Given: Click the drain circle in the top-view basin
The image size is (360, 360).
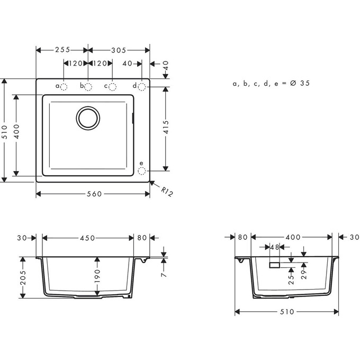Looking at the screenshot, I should pyautogui.click(x=88, y=118).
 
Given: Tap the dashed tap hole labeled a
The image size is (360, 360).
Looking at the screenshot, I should pyautogui.click(x=64, y=86).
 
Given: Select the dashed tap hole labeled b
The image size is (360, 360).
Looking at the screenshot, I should pyautogui.click(x=88, y=86).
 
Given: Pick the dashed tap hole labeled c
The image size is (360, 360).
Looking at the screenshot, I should pyautogui.click(x=112, y=86).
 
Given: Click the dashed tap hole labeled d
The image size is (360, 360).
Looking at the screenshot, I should pyautogui.click(x=141, y=86).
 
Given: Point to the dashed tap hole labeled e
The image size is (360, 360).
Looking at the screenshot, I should pyautogui.click(x=141, y=170).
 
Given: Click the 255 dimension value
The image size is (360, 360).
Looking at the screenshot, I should pyautogui.click(x=62, y=50).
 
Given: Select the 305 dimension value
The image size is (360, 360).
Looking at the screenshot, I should pyautogui.click(x=118, y=50).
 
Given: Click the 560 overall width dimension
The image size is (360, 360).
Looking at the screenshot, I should pyautogui.click(x=93, y=194).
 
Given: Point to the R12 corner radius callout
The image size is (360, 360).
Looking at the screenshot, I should pyautogui.click(x=167, y=191).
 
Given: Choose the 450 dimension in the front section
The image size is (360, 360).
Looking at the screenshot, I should pyautogui.click(x=87, y=238).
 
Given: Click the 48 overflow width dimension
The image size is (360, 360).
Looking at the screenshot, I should pyautogui.click(x=275, y=247).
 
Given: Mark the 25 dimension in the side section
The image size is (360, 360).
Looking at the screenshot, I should pyautogui.click(x=291, y=278).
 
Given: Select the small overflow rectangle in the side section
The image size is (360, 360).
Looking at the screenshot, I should pyautogui.click(x=275, y=264).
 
